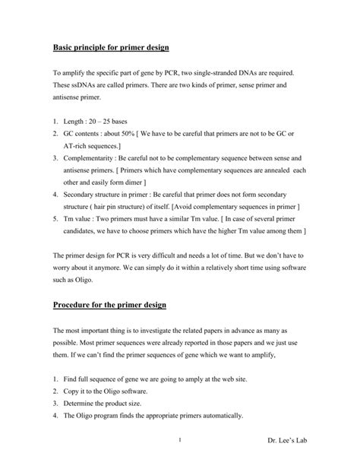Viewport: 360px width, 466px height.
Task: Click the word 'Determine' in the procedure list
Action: pyautogui.click(x=84, y=404)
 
